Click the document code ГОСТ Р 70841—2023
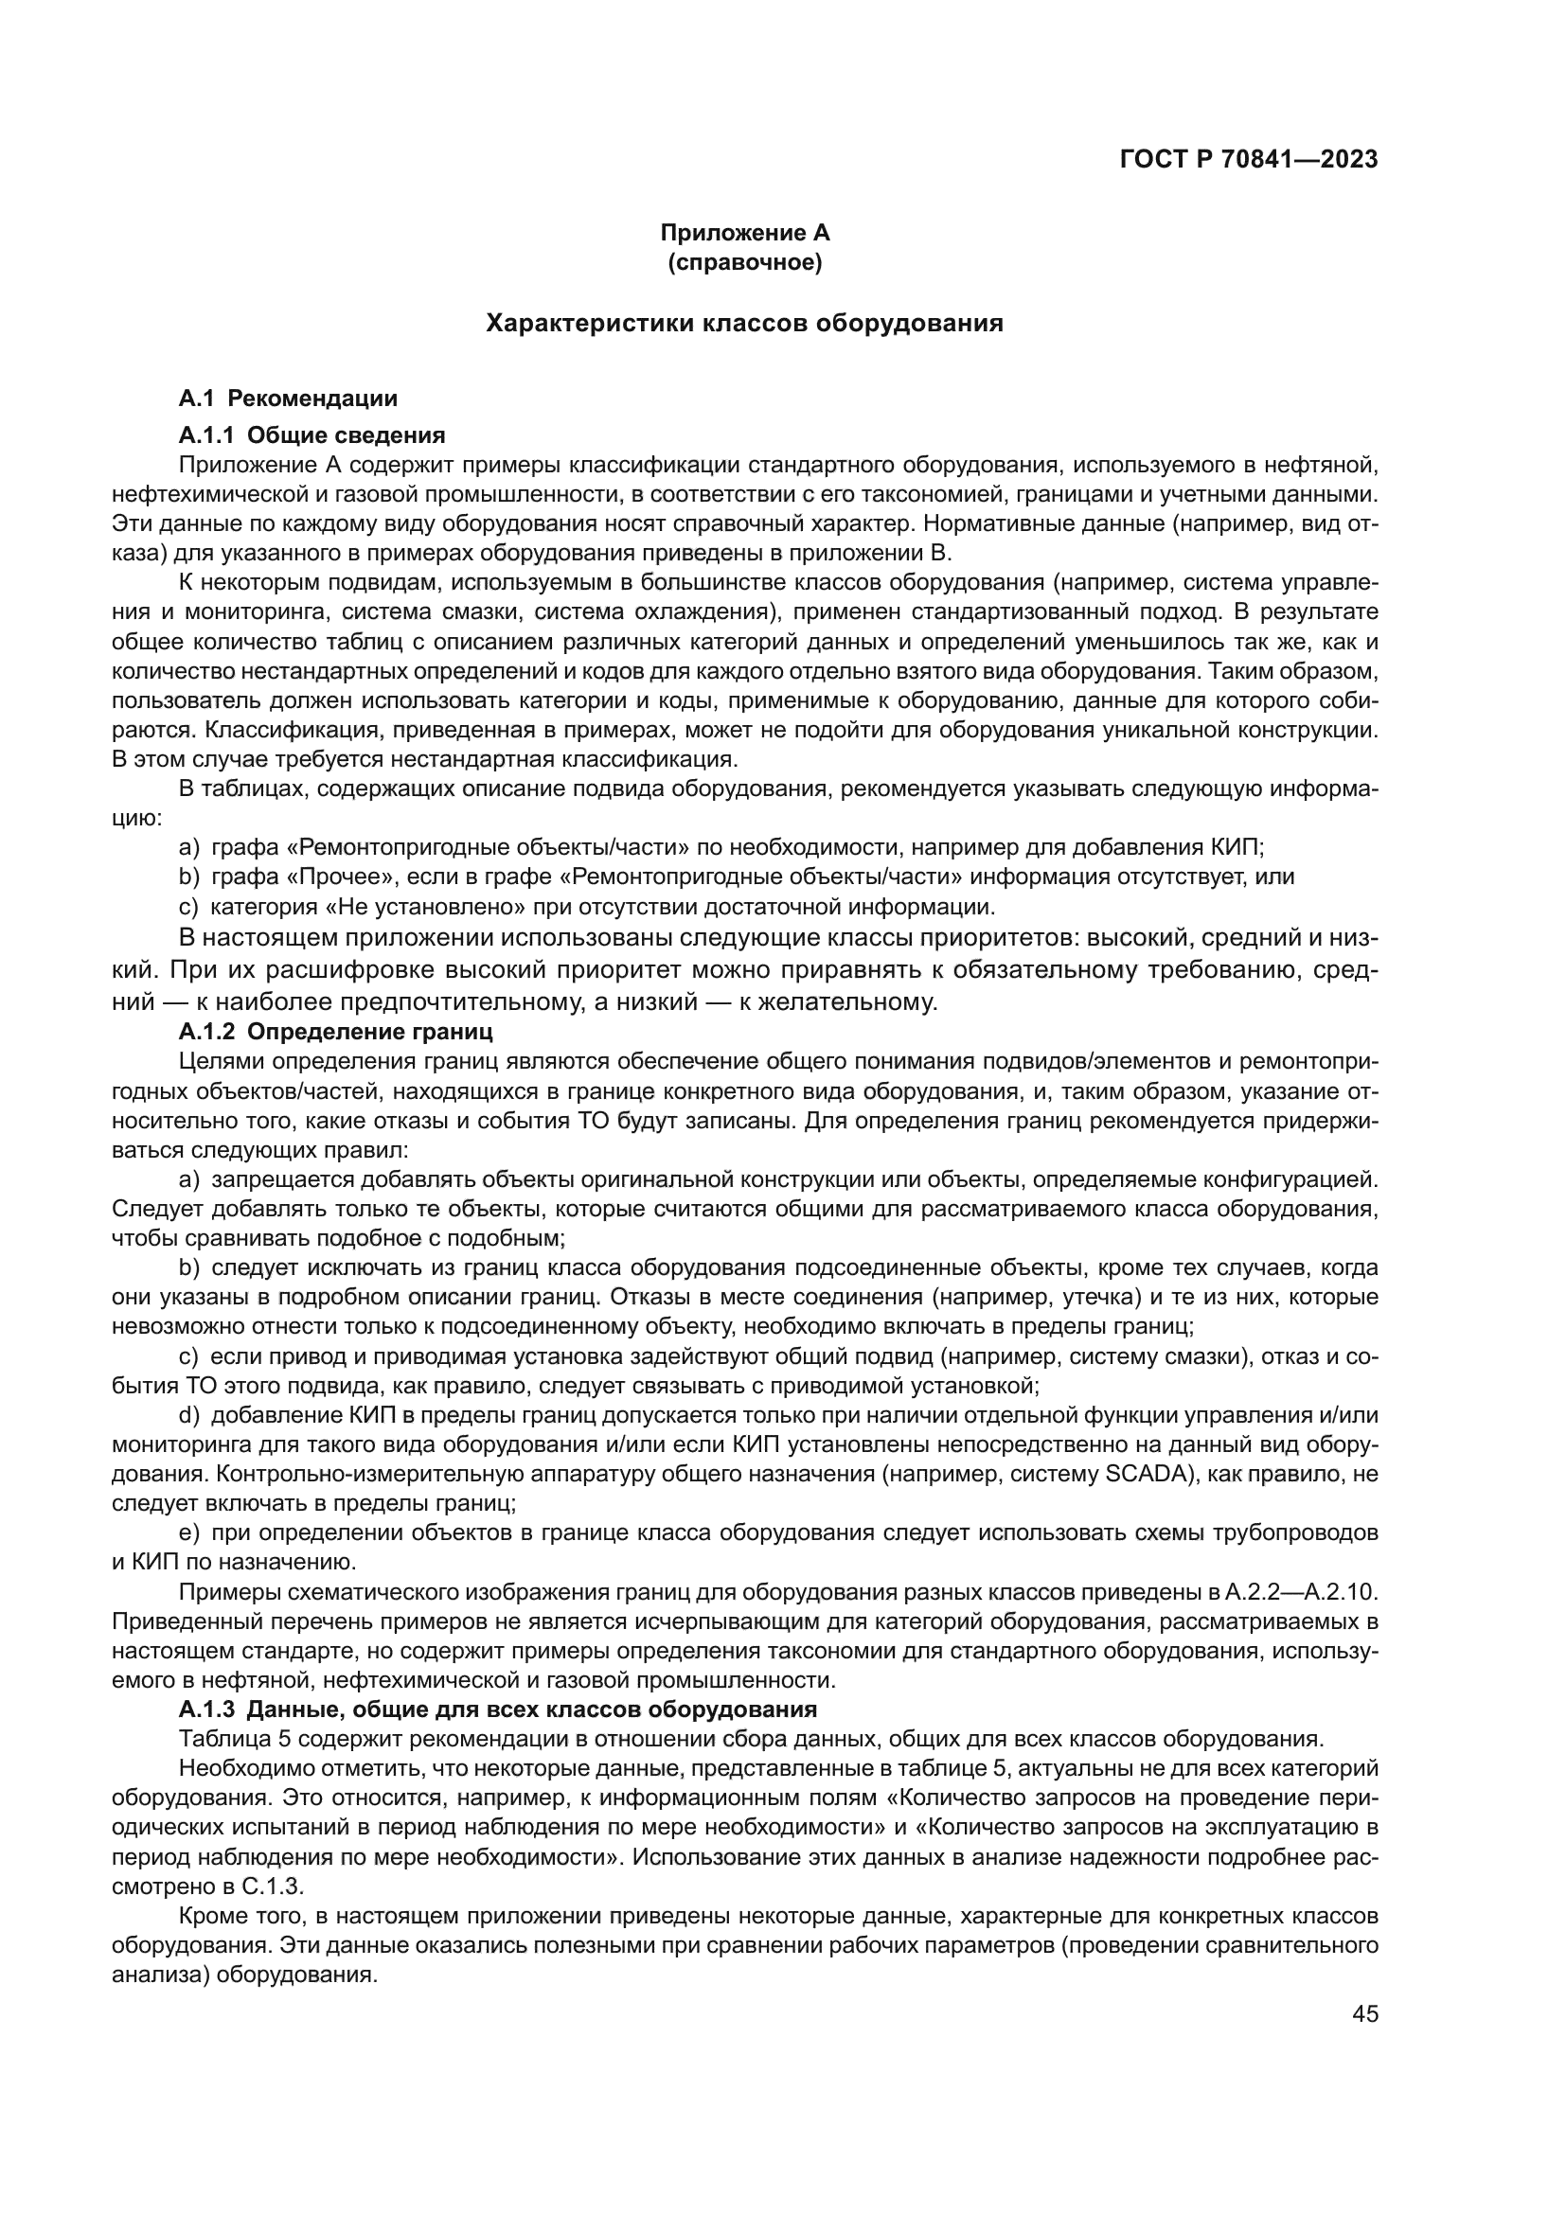pos(1249,160)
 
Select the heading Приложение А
pos(744,234)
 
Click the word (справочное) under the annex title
pos(744,262)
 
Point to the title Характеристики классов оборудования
pos(744,324)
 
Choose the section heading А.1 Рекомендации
pos(289,399)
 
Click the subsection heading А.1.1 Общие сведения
pos(311,434)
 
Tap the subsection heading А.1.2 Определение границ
pos(335,1032)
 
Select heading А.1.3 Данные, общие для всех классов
pos(498,1709)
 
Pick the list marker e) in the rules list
pos(190,1532)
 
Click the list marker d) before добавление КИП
pos(190,1414)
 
